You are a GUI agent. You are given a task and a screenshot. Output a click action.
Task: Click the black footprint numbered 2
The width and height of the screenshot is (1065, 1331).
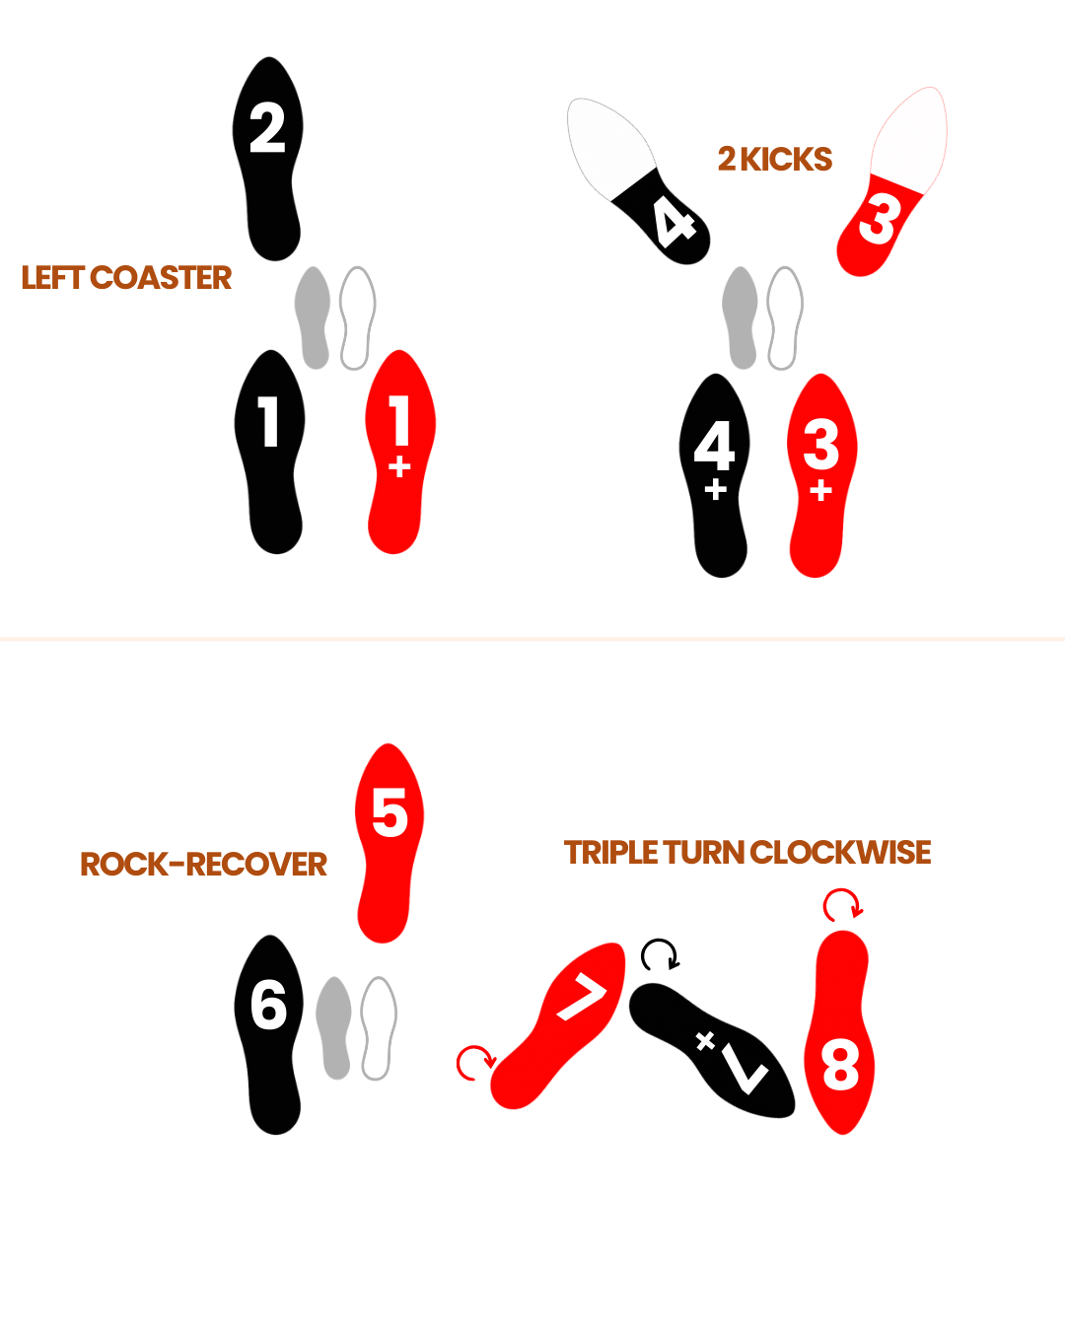(268, 158)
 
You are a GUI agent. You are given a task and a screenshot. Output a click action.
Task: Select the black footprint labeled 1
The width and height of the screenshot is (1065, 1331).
(269, 452)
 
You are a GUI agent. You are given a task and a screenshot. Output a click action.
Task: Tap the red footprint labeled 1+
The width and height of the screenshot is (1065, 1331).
(398, 452)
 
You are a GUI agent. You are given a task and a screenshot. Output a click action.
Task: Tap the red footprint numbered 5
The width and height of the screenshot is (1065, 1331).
(389, 843)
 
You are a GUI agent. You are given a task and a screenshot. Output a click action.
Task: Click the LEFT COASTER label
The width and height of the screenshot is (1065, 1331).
(126, 278)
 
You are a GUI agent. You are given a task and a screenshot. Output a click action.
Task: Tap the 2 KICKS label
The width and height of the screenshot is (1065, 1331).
(775, 159)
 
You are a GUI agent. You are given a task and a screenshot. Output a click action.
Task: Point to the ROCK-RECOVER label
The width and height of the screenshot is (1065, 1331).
(203, 865)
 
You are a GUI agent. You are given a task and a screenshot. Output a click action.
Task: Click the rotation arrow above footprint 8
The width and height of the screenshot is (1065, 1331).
(842, 904)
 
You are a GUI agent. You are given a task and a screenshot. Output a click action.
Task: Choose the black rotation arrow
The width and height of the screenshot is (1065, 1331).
(660, 954)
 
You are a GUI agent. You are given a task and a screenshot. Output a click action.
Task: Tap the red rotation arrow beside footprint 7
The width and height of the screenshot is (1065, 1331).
(474, 1062)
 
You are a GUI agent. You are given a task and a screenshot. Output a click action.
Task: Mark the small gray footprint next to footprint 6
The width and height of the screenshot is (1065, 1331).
(334, 1027)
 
